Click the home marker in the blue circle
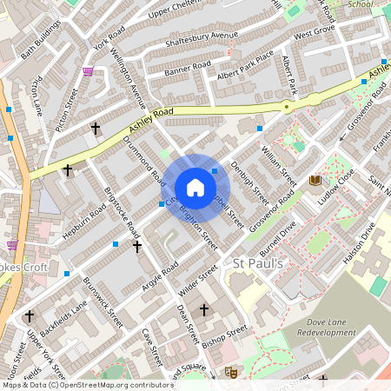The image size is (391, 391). click(195, 187)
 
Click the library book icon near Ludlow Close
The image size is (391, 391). click(315, 180)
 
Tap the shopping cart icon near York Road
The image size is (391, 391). click(88, 72)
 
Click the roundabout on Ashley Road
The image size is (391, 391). click(286, 106)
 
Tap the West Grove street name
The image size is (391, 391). click(314, 36)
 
